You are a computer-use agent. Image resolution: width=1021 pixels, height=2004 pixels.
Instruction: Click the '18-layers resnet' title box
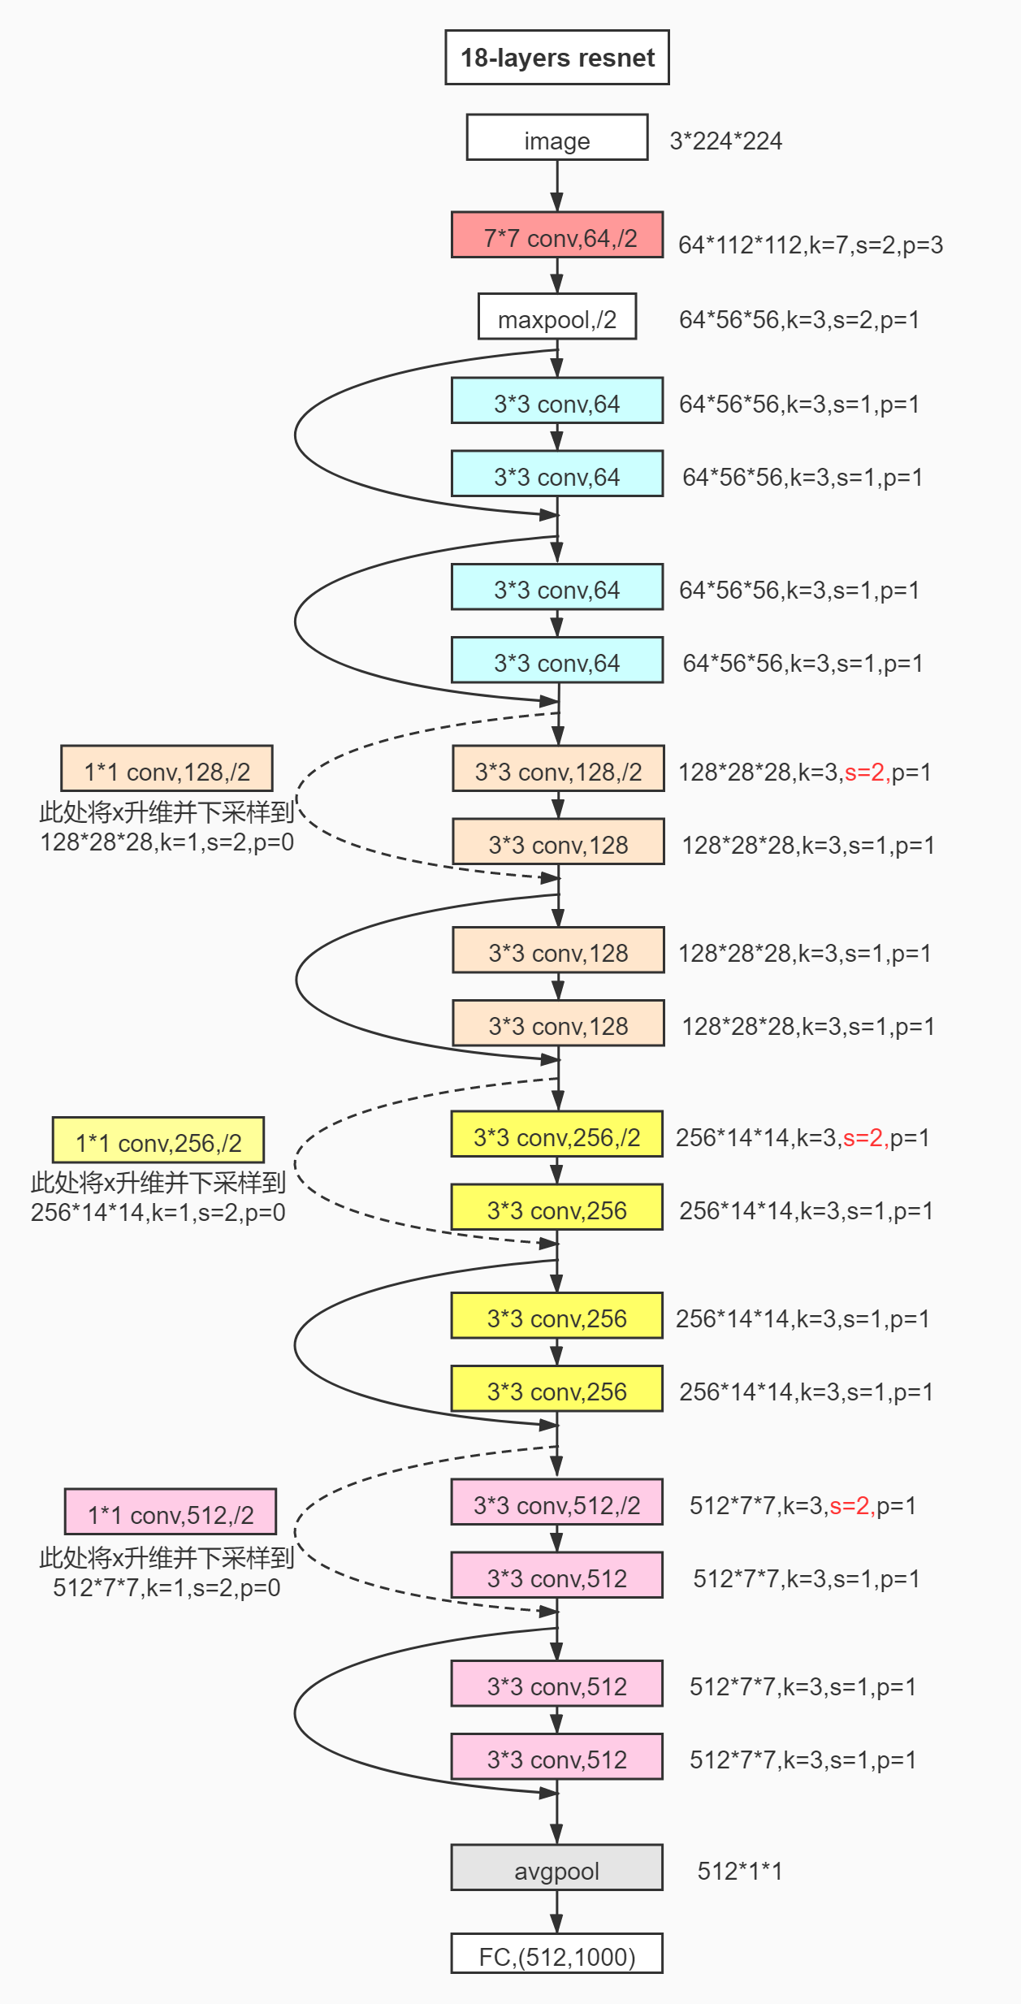pos(557,58)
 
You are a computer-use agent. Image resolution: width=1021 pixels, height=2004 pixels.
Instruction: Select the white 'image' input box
pos(557,137)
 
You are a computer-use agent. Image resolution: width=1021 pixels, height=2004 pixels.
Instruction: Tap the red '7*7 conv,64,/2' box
pos(557,235)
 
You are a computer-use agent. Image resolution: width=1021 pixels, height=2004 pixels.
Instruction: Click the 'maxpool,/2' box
pos(557,317)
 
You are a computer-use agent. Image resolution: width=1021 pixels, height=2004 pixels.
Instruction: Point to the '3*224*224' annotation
pos(725,141)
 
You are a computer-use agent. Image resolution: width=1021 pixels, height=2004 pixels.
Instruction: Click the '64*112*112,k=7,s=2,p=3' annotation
pos(811,245)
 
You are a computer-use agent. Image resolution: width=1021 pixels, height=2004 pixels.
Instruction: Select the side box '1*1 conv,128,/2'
pos(167,768)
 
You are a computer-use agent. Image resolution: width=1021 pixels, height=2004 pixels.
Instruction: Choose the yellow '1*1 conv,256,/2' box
pos(158,1141)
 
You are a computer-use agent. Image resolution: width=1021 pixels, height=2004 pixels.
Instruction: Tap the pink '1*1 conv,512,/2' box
pos(171,1513)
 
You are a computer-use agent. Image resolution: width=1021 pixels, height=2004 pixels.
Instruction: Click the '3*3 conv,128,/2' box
pos(559,768)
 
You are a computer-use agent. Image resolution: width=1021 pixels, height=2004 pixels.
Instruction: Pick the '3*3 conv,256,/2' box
pos(557,1134)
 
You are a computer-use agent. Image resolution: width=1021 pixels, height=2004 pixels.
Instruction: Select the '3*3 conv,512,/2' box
pos(557,1502)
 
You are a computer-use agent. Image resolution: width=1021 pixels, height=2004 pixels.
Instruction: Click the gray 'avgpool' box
pos(557,1868)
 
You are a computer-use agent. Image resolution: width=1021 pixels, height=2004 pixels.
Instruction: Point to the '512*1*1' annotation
pos(740,1872)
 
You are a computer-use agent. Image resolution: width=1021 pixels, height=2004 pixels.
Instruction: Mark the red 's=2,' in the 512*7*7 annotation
pos(853,1506)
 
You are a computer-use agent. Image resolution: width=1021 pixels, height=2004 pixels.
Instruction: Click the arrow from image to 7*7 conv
pos(557,186)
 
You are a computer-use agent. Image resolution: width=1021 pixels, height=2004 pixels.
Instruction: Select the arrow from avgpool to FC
pos(557,1912)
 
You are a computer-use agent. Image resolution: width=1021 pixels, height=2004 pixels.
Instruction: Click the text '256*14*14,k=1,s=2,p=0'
pos(158,1213)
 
